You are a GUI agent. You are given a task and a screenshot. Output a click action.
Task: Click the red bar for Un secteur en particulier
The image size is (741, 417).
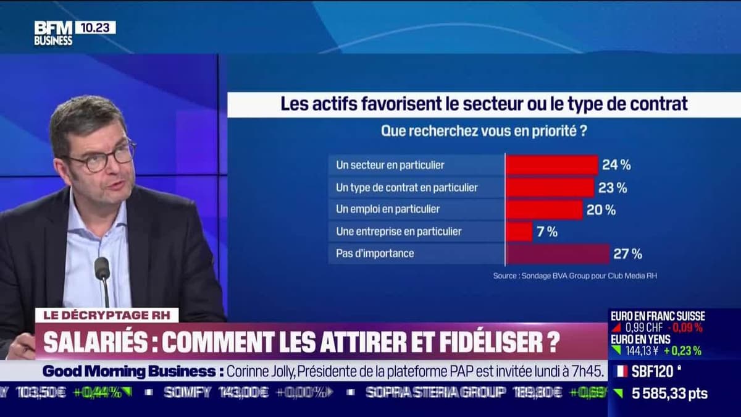click(x=551, y=165)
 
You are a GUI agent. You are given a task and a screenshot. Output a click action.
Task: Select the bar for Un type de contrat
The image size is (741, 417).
click(x=550, y=187)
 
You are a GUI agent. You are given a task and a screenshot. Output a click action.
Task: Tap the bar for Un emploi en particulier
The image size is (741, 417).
click(x=543, y=209)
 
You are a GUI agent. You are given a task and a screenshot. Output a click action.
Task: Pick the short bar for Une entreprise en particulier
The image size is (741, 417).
click(x=519, y=232)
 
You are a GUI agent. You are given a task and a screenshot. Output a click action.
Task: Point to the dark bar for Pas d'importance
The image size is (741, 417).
click(x=557, y=253)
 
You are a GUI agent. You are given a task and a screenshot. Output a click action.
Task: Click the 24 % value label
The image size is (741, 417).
click(x=616, y=165)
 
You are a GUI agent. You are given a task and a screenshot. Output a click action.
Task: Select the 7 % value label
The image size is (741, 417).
click(x=546, y=232)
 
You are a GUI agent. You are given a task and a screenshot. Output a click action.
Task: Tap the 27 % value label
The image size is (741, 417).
click(x=627, y=253)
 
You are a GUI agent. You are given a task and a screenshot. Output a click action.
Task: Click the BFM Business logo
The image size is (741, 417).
click(x=53, y=33)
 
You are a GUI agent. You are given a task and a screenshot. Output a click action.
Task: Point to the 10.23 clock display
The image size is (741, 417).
click(x=95, y=27)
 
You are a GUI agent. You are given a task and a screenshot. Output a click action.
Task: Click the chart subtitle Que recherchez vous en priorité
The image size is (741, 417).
click(x=484, y=131)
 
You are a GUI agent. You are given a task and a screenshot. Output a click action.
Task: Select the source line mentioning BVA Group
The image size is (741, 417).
click(x=575, y=276)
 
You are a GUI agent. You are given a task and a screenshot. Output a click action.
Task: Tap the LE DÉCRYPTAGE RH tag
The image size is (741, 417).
click(x=106, y=316)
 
